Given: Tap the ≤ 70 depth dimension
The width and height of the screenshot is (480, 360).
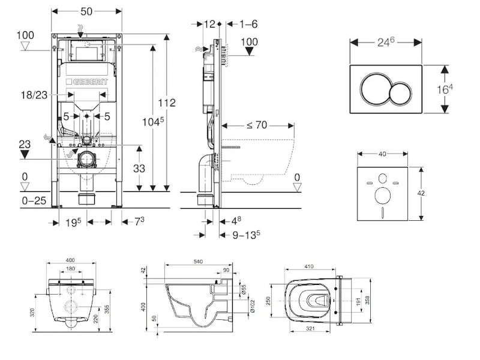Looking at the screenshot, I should [257, 126].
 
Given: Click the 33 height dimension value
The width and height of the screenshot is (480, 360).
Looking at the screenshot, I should [139, 168].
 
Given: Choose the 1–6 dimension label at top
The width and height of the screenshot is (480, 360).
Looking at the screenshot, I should [248, 23].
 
